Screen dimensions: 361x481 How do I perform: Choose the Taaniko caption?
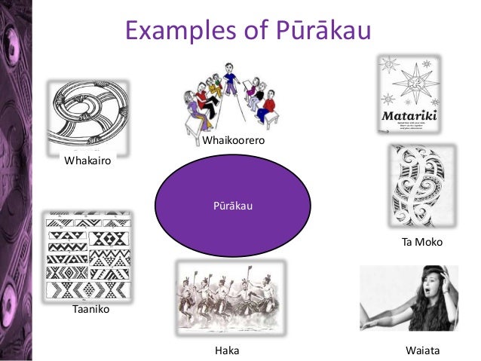(90, 309)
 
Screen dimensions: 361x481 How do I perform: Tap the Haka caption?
(227, 350)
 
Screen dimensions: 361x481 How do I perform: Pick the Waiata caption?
(422, 350)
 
